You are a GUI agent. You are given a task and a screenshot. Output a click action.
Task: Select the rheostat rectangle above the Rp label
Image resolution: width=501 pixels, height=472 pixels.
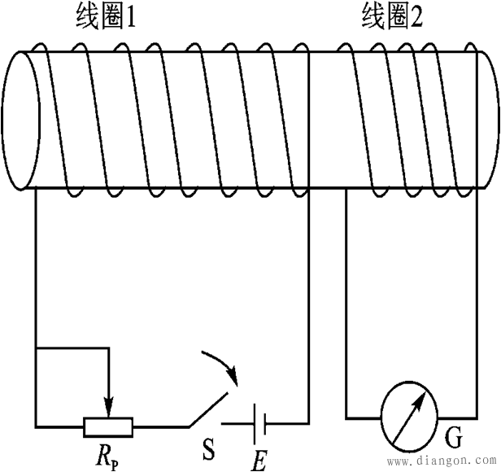[x=108, y=425]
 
